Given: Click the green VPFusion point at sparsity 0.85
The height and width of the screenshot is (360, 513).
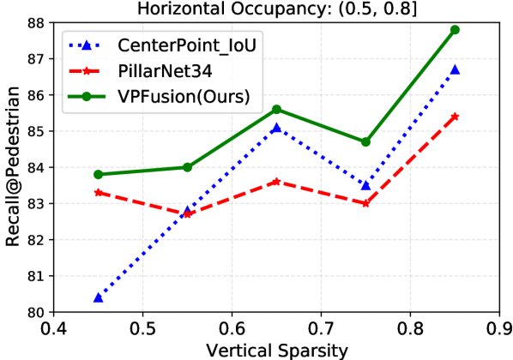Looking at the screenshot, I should point(455,30).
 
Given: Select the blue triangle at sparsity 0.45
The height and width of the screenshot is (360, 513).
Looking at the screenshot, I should point(98,297).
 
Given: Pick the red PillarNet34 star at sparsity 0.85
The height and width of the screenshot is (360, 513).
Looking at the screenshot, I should point(455,117).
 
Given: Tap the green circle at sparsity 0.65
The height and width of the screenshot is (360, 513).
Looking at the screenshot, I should point(276,110).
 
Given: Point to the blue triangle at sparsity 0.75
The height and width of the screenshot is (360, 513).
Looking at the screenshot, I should point(365,185).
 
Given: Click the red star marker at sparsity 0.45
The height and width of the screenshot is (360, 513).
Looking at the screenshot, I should point(98,193).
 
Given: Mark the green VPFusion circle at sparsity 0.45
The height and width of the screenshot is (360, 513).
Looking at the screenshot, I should point(98,175).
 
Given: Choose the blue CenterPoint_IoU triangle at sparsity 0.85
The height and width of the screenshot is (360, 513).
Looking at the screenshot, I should point(455,69).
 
